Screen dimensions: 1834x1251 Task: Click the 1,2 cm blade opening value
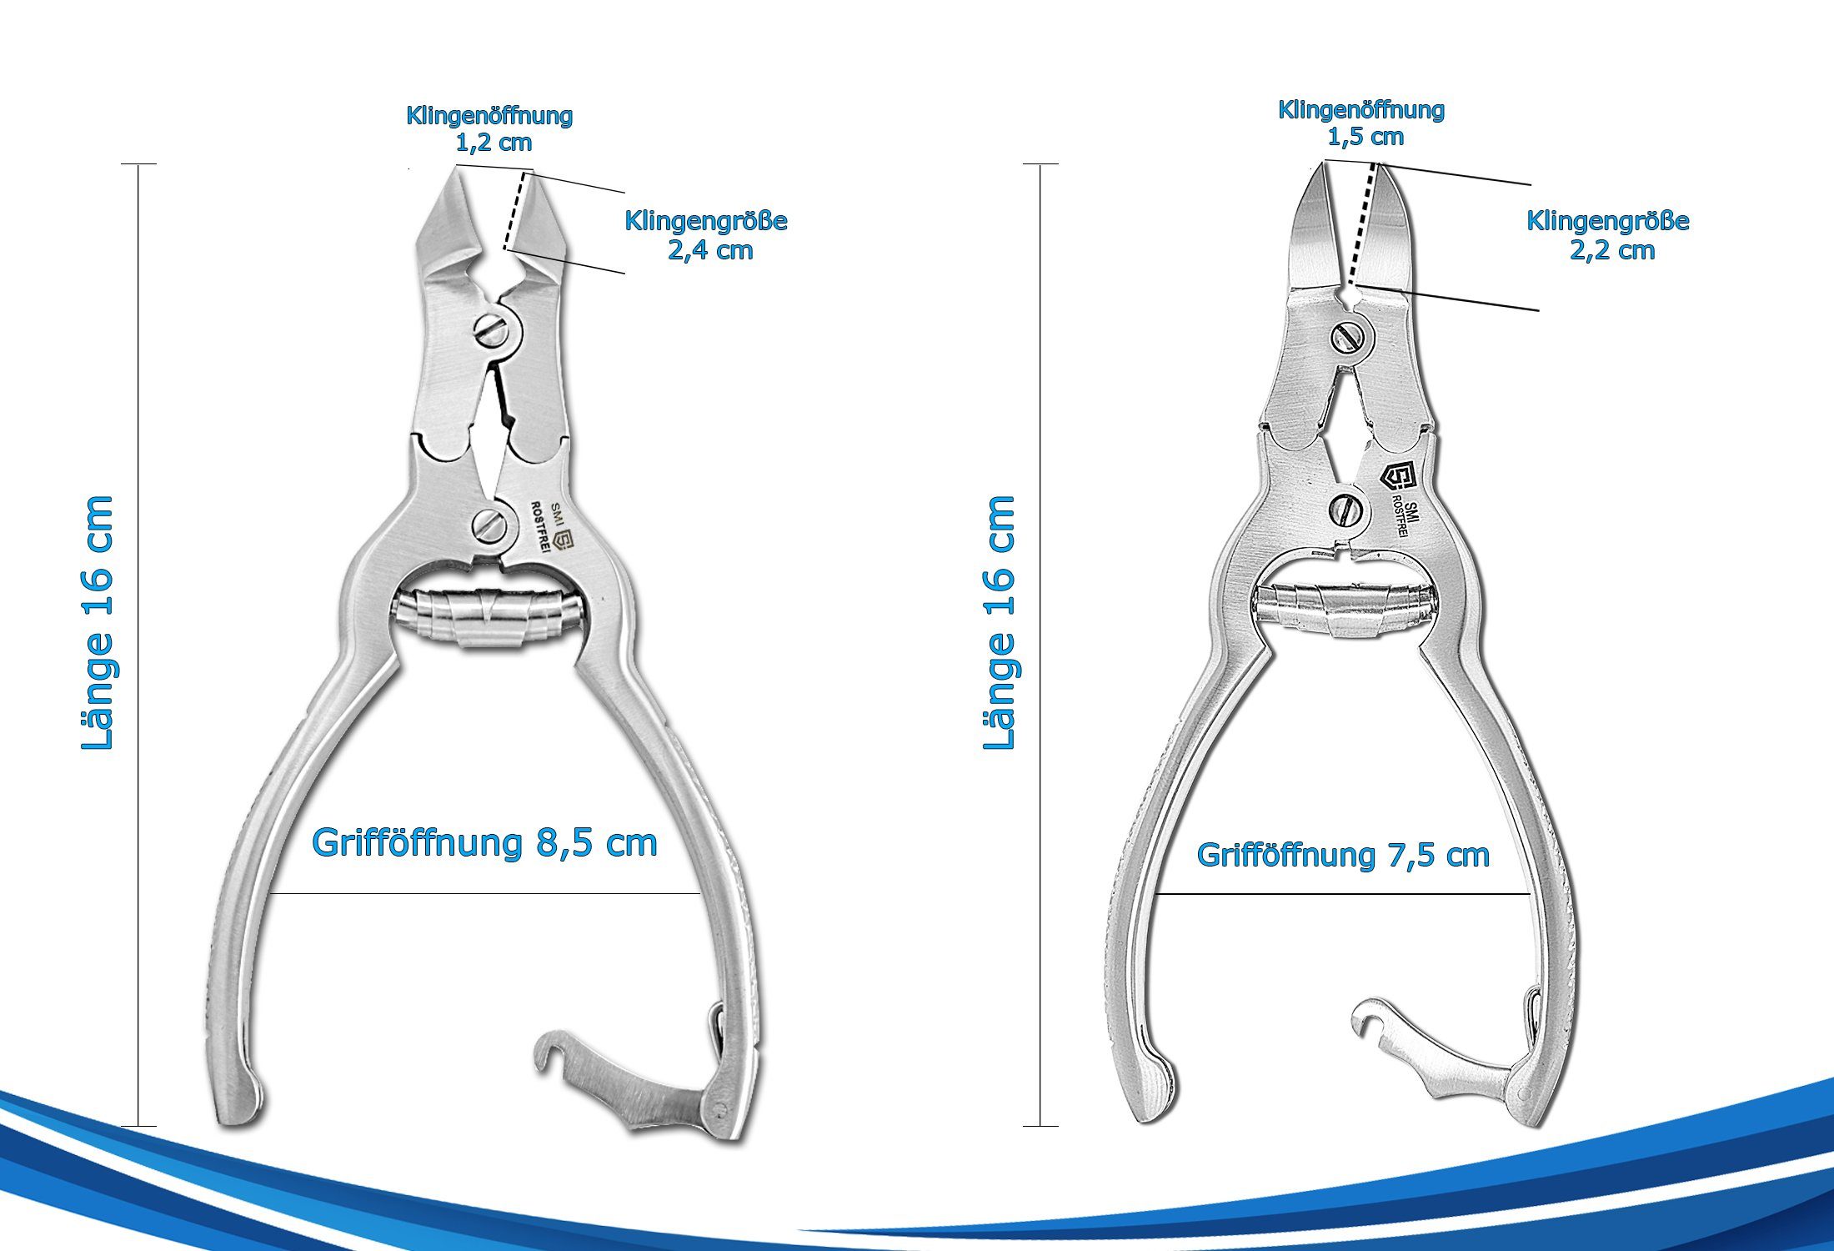pyautogui.click(x=494, y=143)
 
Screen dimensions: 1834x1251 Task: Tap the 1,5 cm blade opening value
pyautogui.click(x=1365, y=137)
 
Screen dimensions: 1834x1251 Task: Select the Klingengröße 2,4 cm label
pyautogui.click(x=706, y=235)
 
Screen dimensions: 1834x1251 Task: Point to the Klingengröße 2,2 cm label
pyautogui.click(x=1608, y=235)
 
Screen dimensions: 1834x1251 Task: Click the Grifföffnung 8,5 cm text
pyautogui.click(x=484, y=843)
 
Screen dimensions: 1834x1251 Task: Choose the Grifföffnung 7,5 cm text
pyautogui.click(x=1343, y=855)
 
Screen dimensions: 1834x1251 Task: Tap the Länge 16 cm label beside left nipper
pyautogui.click(x=98, y=623)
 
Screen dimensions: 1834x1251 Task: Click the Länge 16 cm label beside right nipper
pyautogui.click(x=1000, y=623)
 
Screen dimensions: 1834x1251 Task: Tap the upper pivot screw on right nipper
pyautogui.click(x=1347, y=337)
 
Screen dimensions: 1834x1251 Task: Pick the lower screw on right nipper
pyautogui.click(x=1344, y=510)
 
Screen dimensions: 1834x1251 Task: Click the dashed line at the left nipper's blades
pyautogui.click(x=516, y=210)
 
